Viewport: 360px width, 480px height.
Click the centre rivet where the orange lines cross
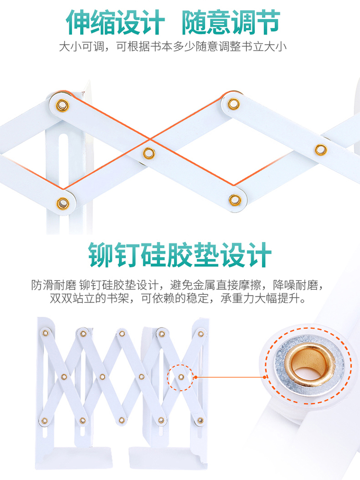[149, 153]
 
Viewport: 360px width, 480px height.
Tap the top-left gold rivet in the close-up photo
[62, 105]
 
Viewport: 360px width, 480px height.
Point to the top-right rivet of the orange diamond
[234, 103]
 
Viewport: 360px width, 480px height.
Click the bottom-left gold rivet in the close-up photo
[62, 204]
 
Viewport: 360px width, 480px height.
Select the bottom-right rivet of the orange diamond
[234, 199]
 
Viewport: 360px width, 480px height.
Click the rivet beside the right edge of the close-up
[321, 149]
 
